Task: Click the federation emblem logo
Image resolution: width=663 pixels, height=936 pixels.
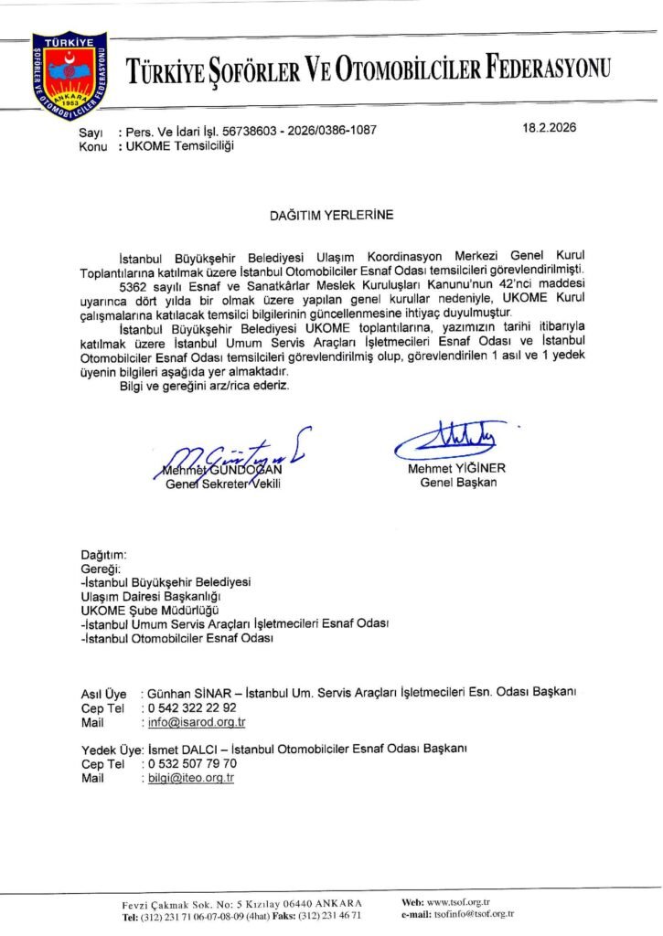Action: (70, 76)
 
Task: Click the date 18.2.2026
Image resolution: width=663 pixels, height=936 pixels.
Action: (550, 128)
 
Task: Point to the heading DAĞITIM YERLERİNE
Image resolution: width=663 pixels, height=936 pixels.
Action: (331, 216)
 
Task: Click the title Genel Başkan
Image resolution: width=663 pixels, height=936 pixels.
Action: (458, 482)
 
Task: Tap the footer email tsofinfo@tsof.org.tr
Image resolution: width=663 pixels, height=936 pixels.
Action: (474, 913)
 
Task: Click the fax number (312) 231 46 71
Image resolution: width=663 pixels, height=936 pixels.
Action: (329, 914)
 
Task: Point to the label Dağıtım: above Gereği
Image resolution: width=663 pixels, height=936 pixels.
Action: (104, 555)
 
